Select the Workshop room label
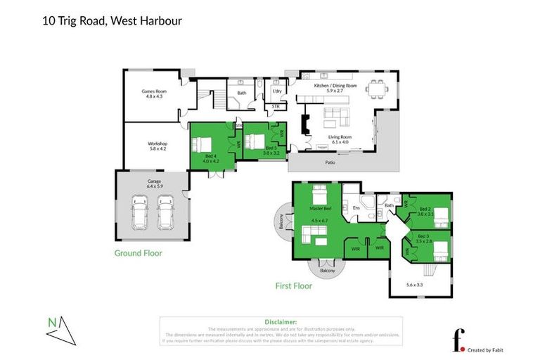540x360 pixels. coord(157,146)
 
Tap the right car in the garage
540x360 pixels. coord(165,213)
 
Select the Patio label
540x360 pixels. coord(330,162)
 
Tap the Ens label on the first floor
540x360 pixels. coord(356,208)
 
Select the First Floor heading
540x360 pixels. coord(293,286)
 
